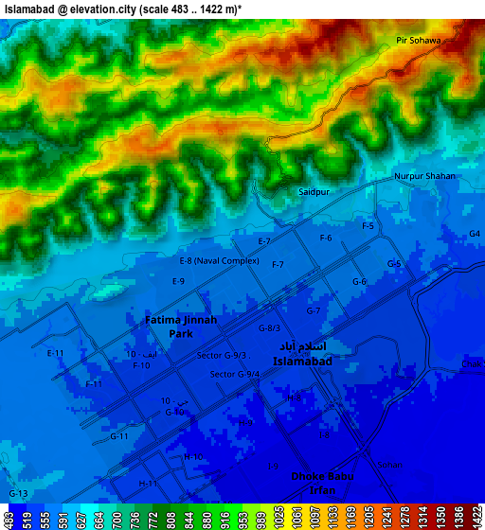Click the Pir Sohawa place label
(x=420, y=41)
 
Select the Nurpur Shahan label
(x=424, y=177)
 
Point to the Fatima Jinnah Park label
(x=181, y=327)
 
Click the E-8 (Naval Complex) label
(x=219, y=260)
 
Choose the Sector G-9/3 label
(x=222, y=356)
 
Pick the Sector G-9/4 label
(x=235, y=374)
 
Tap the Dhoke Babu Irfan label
(x=322, y=483)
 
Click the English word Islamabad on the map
(x=302, y=362)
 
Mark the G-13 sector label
(x=18, y=495)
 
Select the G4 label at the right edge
(x=475, y=234)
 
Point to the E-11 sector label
(x=55, y=353)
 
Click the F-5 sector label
(x=368, y=226)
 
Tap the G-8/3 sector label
(x=269, y=328)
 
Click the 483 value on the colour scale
(x=9, y=519)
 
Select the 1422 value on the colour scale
(x=476, y=519)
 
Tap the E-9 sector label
(x=178, y=282)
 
